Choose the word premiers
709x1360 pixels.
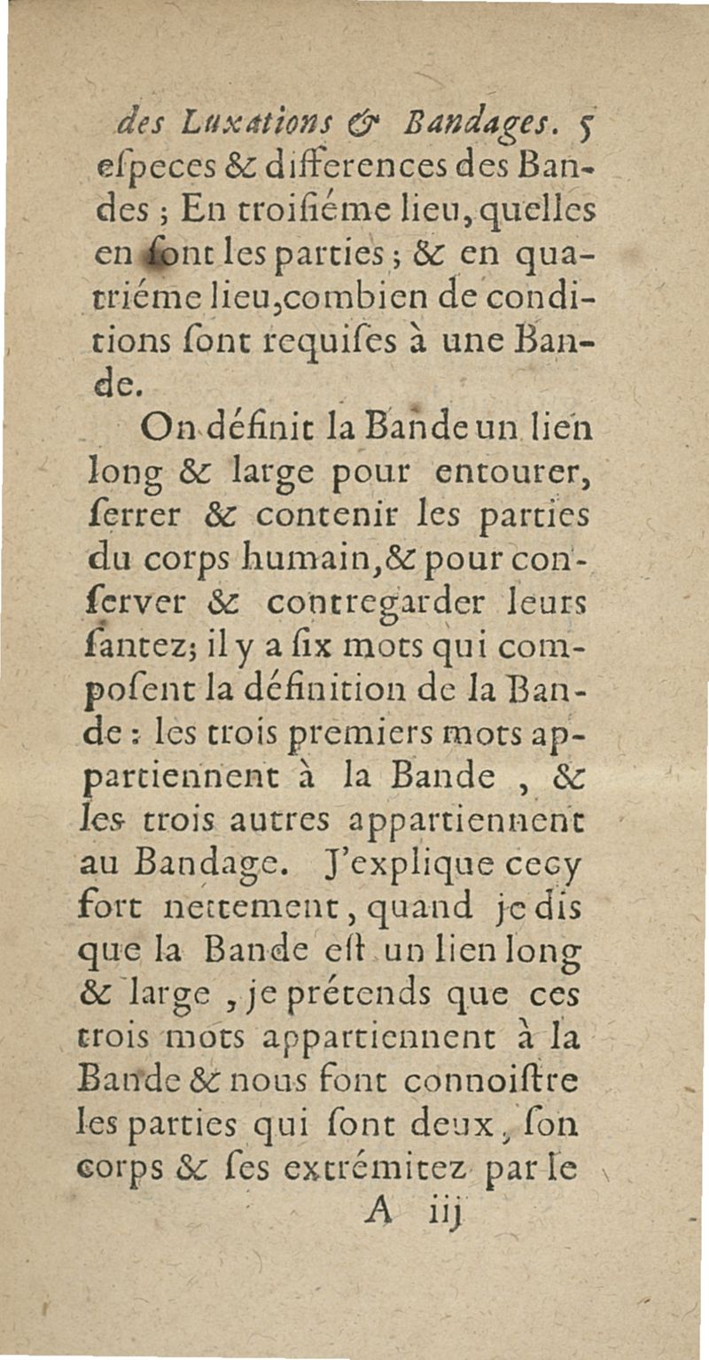click(407, 743)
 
